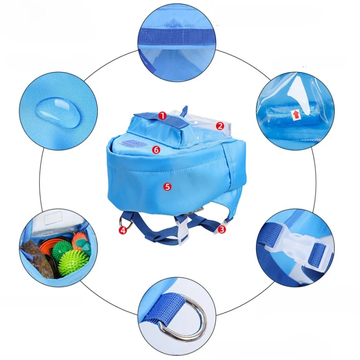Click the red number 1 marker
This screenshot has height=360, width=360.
coord(163,116)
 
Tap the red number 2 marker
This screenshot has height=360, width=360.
coord(220,126)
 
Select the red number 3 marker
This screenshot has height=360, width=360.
coord(222,229)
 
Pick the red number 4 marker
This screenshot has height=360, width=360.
coord(123,230)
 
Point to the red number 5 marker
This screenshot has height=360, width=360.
coord(167,186)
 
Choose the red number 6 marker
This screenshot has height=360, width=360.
coord(156,150)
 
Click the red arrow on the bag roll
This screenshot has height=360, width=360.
coord(296,115)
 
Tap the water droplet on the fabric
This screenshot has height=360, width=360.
coord(57,113)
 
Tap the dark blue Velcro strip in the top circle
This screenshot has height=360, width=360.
coord(177,37)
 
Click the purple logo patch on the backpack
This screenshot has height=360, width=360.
coord(135,143)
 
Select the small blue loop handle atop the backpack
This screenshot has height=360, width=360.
coord(184,111)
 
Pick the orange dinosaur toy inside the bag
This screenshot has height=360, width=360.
coord(80,242)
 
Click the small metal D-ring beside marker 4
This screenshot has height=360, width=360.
coord(126,222)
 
